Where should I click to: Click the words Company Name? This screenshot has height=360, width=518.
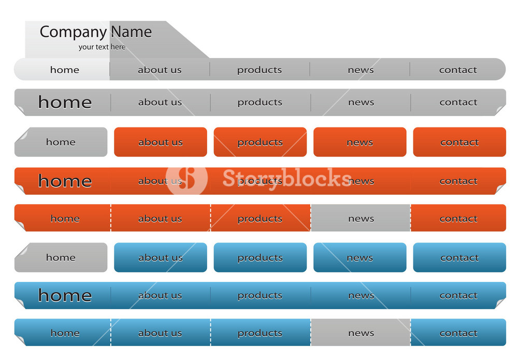coord(96,32)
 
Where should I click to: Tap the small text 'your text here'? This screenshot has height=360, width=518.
coord(102,47)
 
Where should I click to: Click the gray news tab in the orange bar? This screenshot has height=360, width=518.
coord(361,218)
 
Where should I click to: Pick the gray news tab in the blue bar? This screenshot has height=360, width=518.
coord(361,333)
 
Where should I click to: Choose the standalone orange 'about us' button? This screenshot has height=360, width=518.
coord(161,142)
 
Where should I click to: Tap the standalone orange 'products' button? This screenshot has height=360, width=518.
coord(260,142)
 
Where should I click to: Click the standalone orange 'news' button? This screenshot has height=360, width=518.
coord(360,142)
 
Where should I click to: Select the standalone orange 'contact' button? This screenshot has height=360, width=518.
coord(459,142)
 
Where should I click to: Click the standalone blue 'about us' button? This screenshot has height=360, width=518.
coord(161,257)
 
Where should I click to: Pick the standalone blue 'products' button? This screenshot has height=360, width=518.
coord(260,257)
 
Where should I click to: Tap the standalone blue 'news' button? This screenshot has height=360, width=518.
coord(360,257)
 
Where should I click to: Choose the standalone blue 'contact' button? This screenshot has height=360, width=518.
coord(459,257)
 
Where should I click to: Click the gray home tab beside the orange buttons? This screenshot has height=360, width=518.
coord(61,142)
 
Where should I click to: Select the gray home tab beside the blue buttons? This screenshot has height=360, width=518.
coord(61,257)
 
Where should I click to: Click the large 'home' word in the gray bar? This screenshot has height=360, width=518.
coord(65,102)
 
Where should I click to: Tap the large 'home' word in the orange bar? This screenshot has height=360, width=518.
coord(65,181)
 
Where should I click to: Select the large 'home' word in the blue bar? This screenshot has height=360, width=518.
coord(65,295)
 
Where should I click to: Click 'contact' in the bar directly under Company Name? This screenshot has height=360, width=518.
coord(458,69)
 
